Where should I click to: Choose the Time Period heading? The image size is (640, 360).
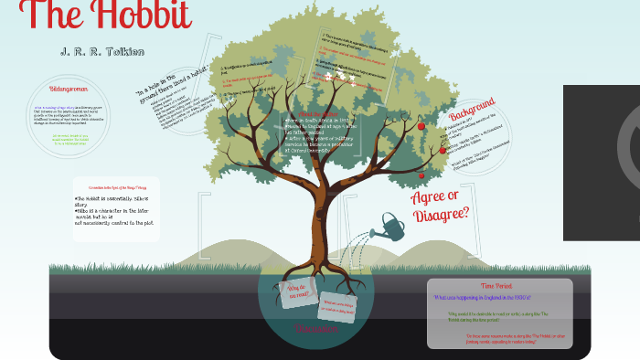(499, 286)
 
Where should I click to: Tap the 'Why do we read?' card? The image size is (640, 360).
(298, 294)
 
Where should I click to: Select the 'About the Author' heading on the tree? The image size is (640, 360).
(311, 113)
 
